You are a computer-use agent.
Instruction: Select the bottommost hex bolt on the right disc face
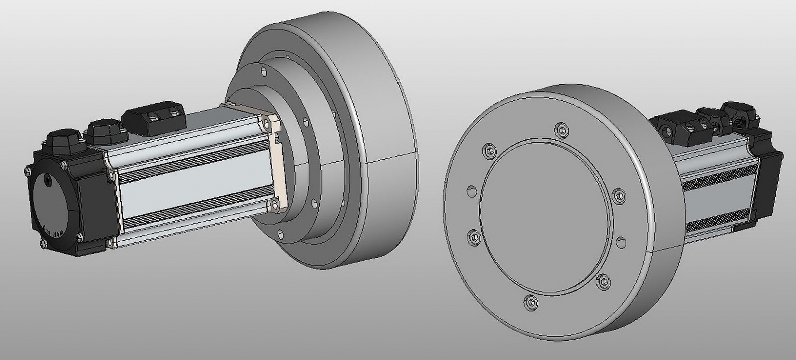click(531, 302)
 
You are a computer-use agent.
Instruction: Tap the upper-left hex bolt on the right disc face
click(489, 150)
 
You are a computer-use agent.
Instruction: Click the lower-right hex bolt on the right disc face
click(603, 282)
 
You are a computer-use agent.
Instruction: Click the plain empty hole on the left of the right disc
click(472, 191)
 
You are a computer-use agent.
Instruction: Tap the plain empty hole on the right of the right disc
click(621, 242)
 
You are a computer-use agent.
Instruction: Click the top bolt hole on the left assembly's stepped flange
click(262, 71)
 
